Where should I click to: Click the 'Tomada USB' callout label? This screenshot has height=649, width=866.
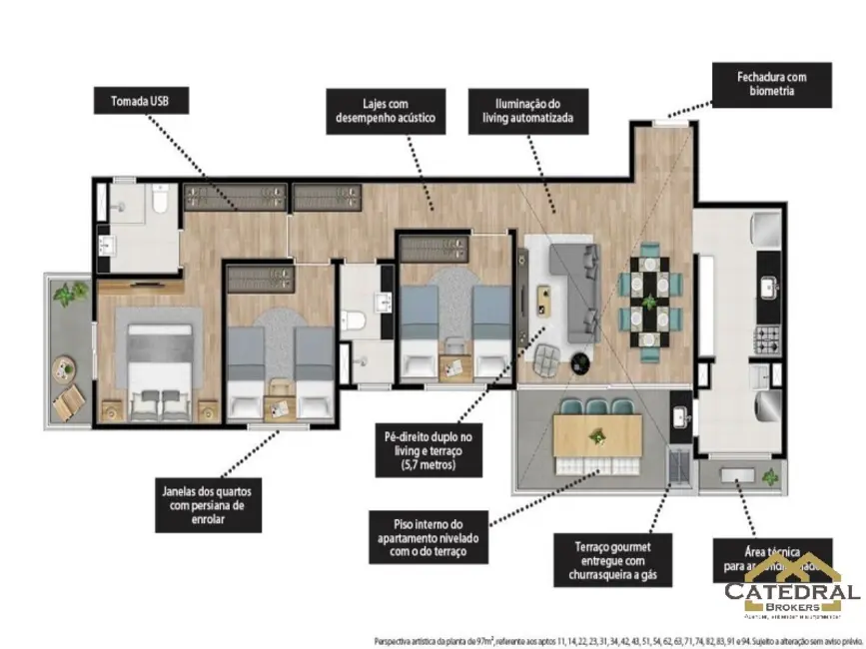click(140, 101)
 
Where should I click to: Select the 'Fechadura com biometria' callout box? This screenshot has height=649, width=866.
click(771, 85)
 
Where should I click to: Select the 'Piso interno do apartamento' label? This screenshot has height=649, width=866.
click(427, 538)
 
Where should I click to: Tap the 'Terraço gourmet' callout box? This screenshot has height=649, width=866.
click(613, 561)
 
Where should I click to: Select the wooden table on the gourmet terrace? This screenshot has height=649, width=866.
click(597, 436)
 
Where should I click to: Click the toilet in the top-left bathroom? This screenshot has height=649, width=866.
click(158, 204)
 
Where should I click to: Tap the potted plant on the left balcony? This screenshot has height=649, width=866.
click(69, 295)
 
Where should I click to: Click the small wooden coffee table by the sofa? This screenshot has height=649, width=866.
click(543, 297)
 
